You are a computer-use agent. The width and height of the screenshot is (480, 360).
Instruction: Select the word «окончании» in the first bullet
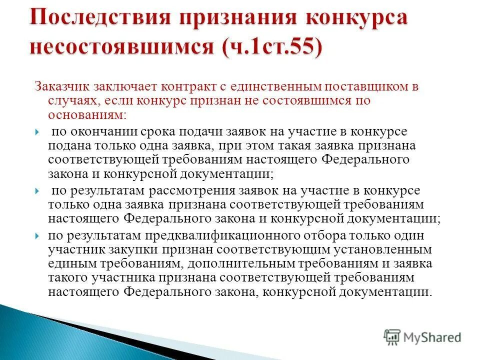(90, 131)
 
